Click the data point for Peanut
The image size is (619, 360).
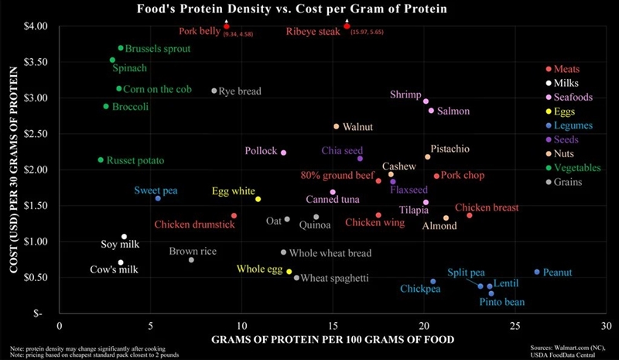click(x=537, y=272)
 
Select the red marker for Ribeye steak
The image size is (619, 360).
click(x=347, y=26)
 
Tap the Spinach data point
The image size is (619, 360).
click(x=112, y=60)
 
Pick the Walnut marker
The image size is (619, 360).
click(x=336, y=126)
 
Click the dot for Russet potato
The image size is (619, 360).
click(x=101, y=160)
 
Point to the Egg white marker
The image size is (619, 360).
click(x=258, y=199)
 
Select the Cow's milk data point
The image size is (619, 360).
click(x=121, y=262)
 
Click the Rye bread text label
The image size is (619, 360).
click(x=240, y=91)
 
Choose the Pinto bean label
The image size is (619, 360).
click(x=502, y=302)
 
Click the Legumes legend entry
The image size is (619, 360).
click(x=573, y=125)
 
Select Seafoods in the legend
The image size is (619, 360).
click(x=573, y=98)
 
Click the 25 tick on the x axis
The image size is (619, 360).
click(x=515, y=326)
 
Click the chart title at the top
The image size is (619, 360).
click(x=296, y=9)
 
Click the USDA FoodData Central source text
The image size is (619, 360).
click(x=574, y=354)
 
